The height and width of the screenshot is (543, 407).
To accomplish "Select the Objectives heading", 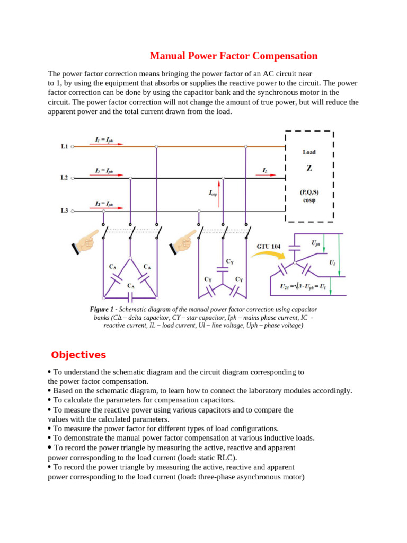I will pos(78,355).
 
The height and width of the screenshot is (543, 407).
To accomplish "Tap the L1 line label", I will pos(64,146).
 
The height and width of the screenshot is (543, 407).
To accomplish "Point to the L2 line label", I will pos(64,178).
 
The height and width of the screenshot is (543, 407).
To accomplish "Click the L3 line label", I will pos(64,211).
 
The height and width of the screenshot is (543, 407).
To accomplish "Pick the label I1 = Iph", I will pos(104,139).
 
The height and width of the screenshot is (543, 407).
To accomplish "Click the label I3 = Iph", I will pos(104,204).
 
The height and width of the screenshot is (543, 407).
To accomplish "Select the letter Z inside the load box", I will pos(309,169).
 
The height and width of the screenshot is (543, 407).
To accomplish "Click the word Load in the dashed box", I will pos(309,152).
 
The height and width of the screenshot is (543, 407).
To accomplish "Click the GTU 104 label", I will pos(269,247).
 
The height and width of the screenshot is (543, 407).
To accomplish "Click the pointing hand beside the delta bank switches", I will pos(86,240).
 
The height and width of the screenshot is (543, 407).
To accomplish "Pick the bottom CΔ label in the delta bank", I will pos(130,285).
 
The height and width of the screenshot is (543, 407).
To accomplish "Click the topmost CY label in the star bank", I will pos(229,261).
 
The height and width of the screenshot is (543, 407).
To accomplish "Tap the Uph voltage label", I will pos(315,243).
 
